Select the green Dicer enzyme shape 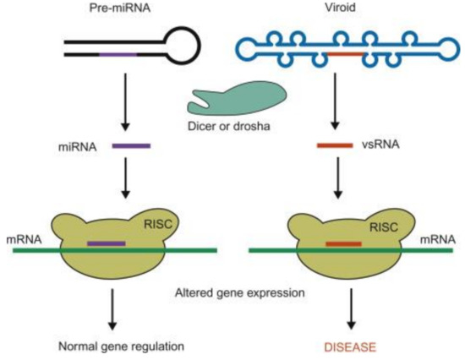point(227,100)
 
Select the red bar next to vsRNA point(335,145)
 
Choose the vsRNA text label point(381,145)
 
